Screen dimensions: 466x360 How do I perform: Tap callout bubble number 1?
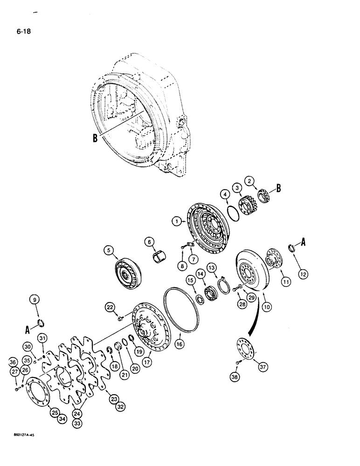[x=176, y=222]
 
